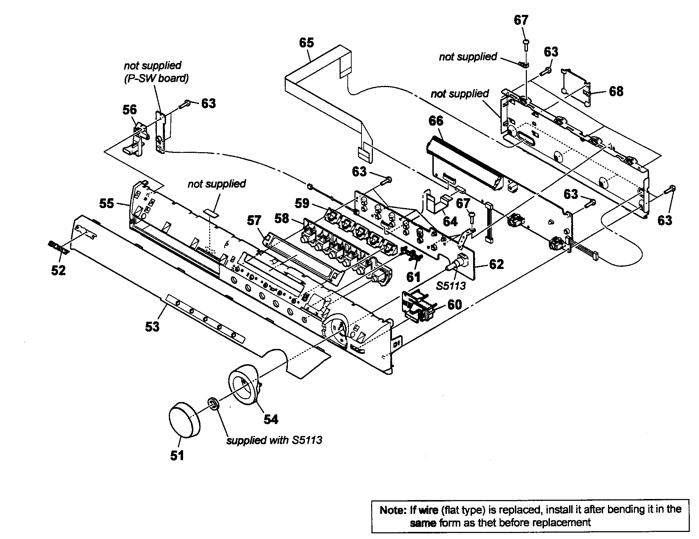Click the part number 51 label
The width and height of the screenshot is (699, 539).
coord(177,455)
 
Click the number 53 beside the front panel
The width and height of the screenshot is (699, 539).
coord(152,326)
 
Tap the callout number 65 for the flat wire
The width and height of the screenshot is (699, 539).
coord(306,43)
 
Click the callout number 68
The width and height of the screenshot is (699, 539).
coord(616,91)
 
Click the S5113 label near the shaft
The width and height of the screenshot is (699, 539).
coord(451,286)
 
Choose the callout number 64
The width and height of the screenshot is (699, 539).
coord(450,222)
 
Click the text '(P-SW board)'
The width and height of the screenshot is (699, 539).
coord(156,78)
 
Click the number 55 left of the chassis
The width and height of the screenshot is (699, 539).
coord(106,203)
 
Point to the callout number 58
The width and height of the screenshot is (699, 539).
coord(282,218)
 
